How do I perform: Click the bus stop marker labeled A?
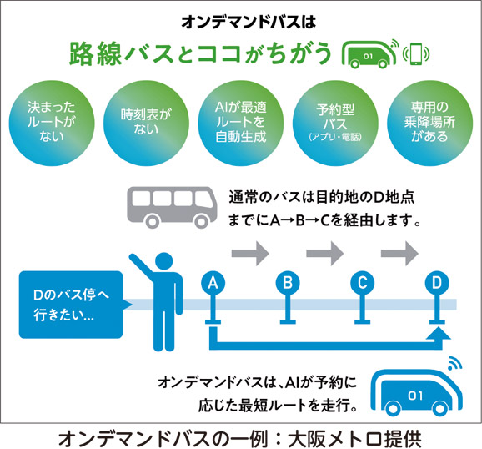click(213, 283)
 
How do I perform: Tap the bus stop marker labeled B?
click(288, 283)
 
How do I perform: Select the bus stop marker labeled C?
click(363, 283)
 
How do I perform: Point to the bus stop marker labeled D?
click(437, 283)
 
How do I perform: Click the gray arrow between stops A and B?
click(250, 254)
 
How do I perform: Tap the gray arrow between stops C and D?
click(400, 254)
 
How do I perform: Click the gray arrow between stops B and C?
click(325, 254)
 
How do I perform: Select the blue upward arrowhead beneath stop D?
click(438, 334)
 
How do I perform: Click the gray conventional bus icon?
click(172, 207)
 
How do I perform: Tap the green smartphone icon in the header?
click(416, 54)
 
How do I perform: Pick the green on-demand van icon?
click(369, 54)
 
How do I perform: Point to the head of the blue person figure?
click(163, 262)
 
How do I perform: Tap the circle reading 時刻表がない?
click(146, 123)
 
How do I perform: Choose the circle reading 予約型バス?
click(335, 123)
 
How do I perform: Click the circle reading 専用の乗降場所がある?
click(429, 123)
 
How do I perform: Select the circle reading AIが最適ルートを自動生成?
click(240, 123)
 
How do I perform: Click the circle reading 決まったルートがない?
click(52, 123)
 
